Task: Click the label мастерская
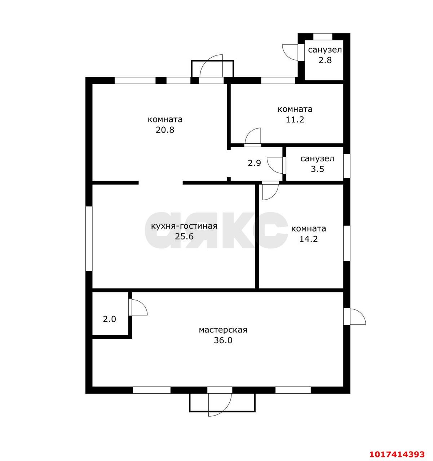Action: (223, 330)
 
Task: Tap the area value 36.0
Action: (223, 340)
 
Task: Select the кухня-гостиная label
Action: (184, 226)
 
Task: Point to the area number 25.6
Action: (184, 237)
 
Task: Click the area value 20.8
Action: (165, 130)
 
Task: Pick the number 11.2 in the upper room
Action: (295, 120)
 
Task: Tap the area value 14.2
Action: (308, 239)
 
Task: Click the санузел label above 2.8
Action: (325, 50)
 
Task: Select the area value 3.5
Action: (318, 169)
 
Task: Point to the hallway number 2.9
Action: (254, 163)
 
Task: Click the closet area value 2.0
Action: (110, 319)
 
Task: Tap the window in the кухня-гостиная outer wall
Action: (89, 238)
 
